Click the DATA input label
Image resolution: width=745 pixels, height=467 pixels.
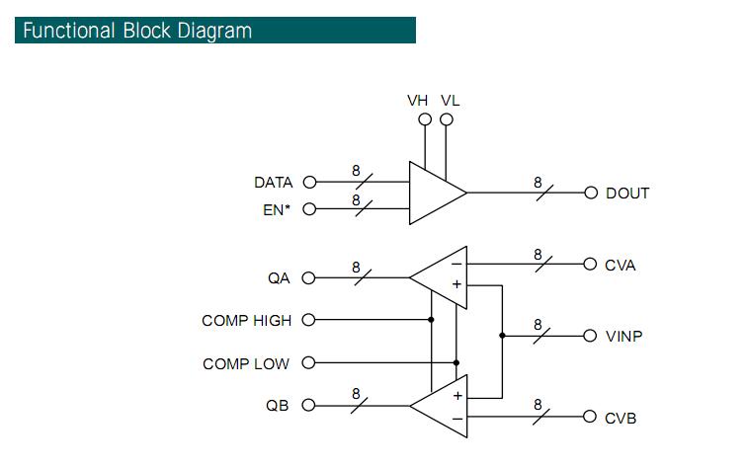(x=273, y=183)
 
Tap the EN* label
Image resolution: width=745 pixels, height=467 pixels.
(x=277, y=209)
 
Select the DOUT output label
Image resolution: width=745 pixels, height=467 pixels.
(x=627, y=194)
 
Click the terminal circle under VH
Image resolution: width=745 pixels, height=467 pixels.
(x=425, y=119)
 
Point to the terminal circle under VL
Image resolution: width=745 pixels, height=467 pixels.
(x=447, y=119)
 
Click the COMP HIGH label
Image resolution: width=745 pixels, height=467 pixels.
(x=247, y=320)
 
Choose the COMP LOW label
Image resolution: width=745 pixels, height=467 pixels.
(x=246, y=364)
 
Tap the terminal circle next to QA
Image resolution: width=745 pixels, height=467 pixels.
(x=309, y=277)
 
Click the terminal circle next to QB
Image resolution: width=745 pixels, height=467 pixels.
(x=309, y=406)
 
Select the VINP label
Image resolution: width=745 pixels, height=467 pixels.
(x=623, y=337)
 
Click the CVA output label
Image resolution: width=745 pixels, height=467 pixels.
(x=621, y=266)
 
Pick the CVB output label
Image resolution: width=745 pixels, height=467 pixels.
(x=621, y=418)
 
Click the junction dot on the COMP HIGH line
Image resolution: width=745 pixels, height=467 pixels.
(x=431, y=320)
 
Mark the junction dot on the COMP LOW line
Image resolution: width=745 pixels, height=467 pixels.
(x=456, y=362)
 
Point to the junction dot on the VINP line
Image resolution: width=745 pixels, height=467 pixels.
(x=502, y=336)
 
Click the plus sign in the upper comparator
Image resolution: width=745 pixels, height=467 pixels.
(x=456, y=284)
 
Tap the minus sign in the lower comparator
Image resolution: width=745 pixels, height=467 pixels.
(x=457, y=419)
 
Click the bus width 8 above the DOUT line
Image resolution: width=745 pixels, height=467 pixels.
(x=538, y=183)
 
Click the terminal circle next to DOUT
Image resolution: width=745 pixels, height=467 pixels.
(x=591, y=193)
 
